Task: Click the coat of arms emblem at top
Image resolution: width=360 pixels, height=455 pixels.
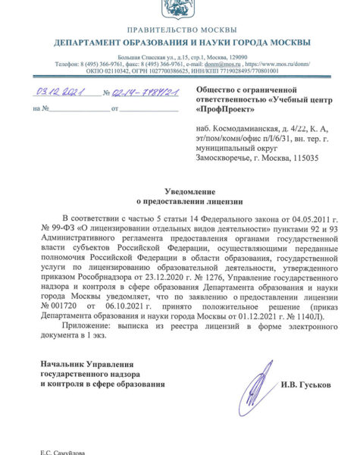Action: (180, 10)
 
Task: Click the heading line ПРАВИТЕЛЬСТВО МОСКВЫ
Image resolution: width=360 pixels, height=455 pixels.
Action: (180, 27)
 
